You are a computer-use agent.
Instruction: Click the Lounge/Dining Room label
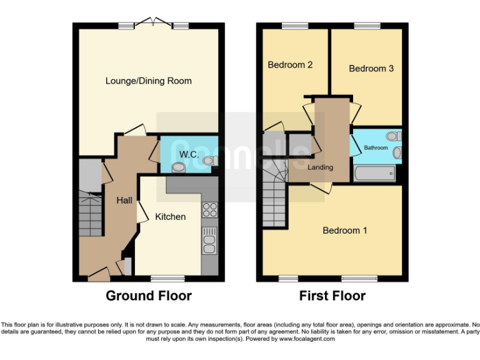point(148,81)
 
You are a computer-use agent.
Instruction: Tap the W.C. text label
point(189,154)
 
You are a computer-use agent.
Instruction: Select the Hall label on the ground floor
point(124,201)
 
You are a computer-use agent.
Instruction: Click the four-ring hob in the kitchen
point(209,211)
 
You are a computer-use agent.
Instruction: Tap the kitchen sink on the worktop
point(209,241)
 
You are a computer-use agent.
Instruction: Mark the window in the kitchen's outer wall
point(167,278)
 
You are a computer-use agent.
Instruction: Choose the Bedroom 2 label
point(290,64)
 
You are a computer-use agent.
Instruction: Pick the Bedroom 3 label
point(371,68)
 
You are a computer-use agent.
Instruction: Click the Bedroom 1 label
point(344,231)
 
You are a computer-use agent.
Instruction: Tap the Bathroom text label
point(376,148)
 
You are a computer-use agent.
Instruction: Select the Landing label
point(320,167)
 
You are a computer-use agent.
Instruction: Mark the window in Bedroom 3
point(364,26)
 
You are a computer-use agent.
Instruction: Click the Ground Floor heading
point(149,296)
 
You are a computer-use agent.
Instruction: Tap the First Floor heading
point(332,296)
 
